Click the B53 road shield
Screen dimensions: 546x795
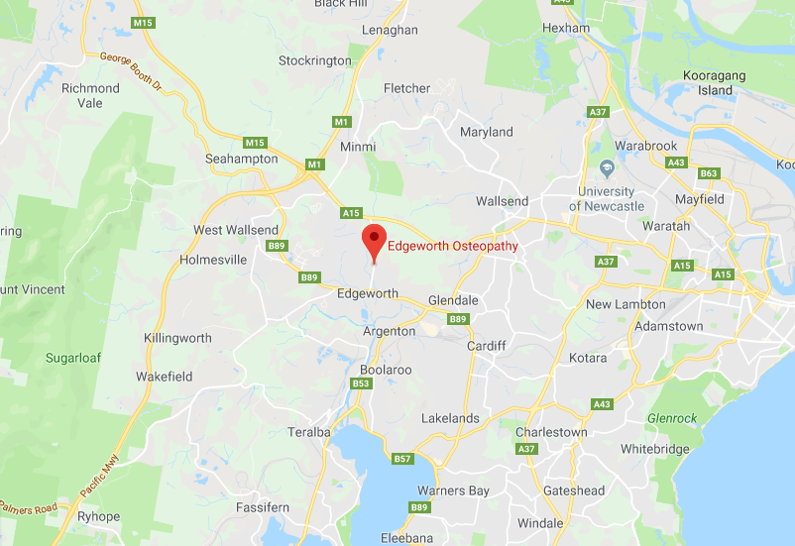[x=362, y=384]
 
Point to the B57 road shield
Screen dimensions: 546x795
[x=401, y=459]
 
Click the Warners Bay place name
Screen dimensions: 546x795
[x=453, y=491]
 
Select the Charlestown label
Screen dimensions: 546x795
[x=551, y=432]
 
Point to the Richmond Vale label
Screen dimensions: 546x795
[x=90, y=95]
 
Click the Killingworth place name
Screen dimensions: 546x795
[x=177, y=338]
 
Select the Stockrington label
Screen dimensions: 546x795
[x=314, y=60]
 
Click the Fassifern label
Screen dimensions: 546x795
[x=263, y=507]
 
